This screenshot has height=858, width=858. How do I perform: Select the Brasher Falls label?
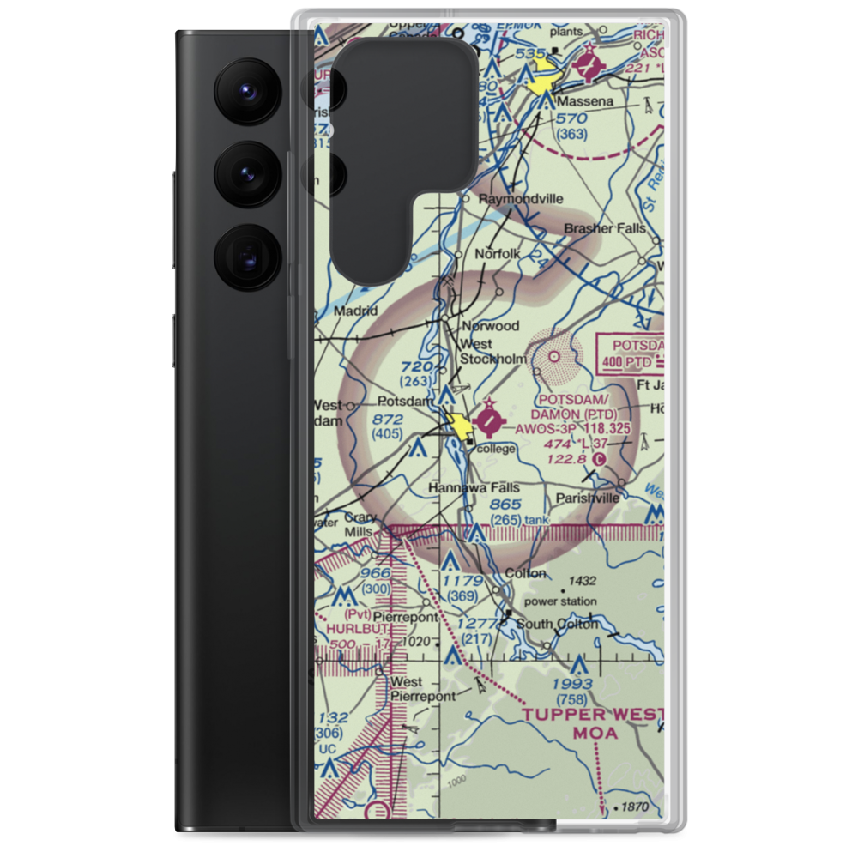605,229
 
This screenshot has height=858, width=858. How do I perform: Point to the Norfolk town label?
499,254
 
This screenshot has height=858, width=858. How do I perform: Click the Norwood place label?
491,326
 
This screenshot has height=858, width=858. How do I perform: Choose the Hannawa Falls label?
474,487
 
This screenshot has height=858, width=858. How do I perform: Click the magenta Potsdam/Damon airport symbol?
490,420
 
